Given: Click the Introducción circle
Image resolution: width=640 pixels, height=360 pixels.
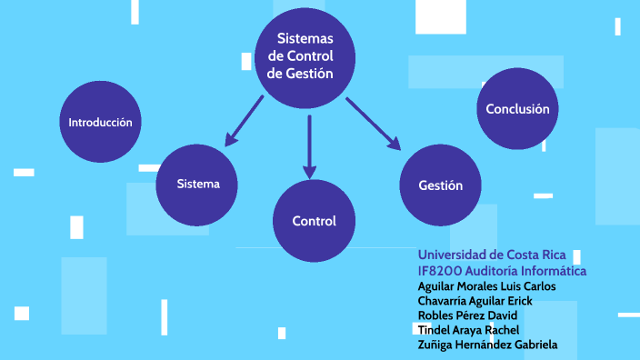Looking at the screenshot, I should point(100,122).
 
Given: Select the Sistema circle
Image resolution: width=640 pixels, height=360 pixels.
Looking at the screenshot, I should point(198,184).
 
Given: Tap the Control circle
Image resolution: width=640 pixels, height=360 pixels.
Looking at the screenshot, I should point(314,221).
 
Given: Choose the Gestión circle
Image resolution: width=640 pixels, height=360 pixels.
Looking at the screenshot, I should point(441,185).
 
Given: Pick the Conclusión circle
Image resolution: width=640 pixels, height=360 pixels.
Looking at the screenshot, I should point(517,109).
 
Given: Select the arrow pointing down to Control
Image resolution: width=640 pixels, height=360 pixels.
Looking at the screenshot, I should point(309,145).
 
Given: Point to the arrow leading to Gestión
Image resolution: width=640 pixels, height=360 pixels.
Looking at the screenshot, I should point(373,122).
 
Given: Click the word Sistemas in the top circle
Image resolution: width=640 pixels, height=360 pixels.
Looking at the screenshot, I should point(305,39).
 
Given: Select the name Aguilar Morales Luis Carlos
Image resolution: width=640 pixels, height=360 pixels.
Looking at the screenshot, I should point(486,286).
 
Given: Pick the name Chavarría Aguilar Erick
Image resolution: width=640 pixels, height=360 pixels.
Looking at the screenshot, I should point(475,301).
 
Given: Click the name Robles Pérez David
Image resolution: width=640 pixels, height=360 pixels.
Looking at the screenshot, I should point(467,315).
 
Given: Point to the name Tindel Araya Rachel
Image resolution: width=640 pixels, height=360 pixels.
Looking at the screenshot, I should point(467,330).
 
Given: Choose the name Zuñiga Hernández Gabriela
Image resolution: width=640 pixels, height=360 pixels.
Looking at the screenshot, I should point(487,345).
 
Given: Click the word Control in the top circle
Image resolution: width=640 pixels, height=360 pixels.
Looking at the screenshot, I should point(314,56).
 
